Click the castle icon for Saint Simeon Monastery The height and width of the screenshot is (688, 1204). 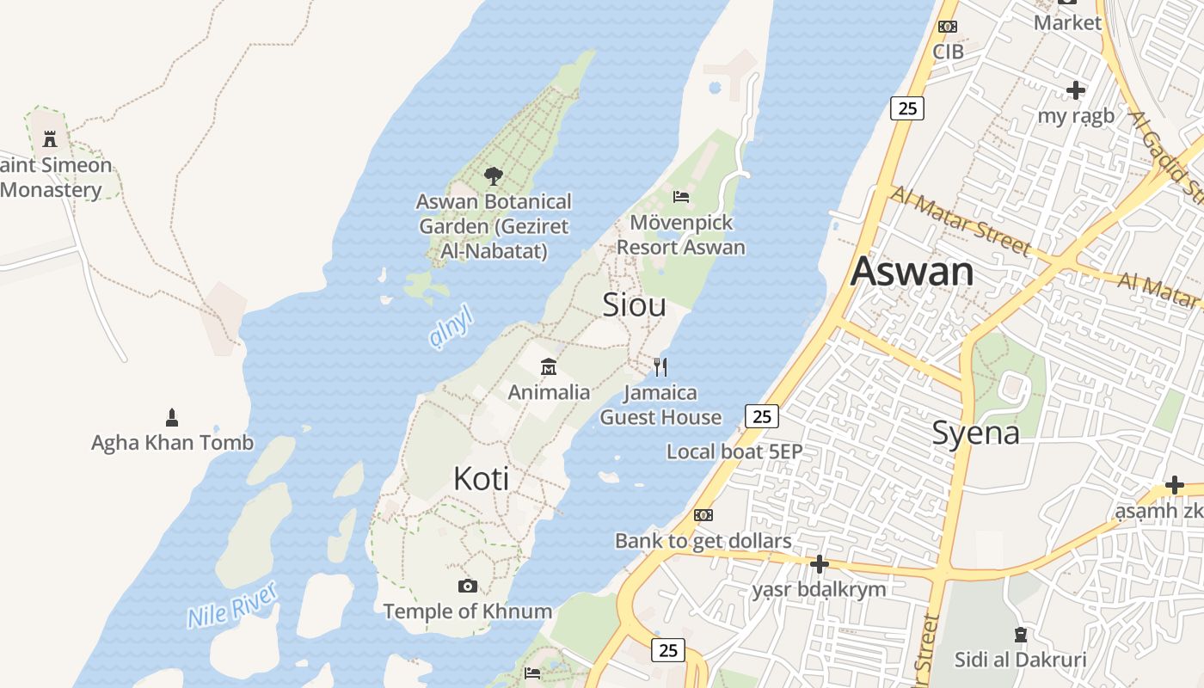pyautogui.click(x=50, y=138)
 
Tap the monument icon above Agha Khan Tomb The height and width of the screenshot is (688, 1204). pyautogui.click(x=171, y=418)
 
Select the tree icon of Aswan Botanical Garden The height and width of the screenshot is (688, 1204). pyautogui.click(x=493, y=177)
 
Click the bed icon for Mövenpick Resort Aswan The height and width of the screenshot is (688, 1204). pyautogui.click(x=681, y=197)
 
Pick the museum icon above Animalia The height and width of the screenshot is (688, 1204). pyautogui.click(x=548, y=368)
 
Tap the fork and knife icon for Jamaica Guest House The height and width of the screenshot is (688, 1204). pyautogui.click(x=660, y=367)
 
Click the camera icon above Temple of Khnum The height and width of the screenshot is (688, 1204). pyautogui.click(x=467, y=587)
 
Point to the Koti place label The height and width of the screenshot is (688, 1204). pyautogui.click(x=481, y=479)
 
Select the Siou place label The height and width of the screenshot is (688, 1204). pyautogui.click(x=634, y=304)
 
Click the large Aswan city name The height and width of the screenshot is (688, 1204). pyautogui.click(x=912, y=272)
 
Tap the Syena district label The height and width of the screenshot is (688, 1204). pyautogui.click(x=976, y=433)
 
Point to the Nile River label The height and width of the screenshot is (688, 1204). pyautogui.click(x=232, y=605)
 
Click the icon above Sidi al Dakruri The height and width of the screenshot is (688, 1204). pyautogui.click(x=1020, y=636)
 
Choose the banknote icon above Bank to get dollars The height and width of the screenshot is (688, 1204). pyautogui.click(x=703, y=515)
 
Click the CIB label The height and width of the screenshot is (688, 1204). pyautogui.click(x=948, y=52)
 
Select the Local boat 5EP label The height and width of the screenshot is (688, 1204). pyautogui.click(x=734, y=451)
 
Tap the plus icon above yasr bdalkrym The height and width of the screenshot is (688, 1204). pyautogui.click(x=819, y=564)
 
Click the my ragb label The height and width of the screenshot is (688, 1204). pyautogui.click(x=1075, y=115)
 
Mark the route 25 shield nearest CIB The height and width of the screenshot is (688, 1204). pyautogui.click(x=907, y=108)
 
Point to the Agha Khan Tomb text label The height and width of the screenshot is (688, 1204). pyautogui.click(x=172, y=443)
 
